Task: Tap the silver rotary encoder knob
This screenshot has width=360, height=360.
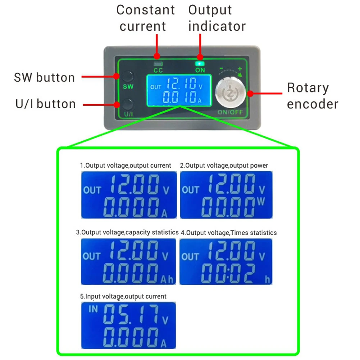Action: (x=229, y=93)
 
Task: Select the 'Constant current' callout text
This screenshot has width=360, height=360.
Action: (x=145, y=18)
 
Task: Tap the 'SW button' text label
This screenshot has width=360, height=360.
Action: (x=44, y=77)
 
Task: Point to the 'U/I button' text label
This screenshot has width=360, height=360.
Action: (x=46, y=104)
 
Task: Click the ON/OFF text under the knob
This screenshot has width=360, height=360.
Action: (x=230, y=112)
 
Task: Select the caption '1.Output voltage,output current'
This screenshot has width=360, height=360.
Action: (x=126, y=165)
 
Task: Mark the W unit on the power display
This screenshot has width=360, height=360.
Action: (x=261, y=202)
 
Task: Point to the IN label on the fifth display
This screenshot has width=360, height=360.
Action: (x=93, y=309)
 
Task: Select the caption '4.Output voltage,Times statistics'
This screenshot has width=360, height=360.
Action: (x=228, y=233)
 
